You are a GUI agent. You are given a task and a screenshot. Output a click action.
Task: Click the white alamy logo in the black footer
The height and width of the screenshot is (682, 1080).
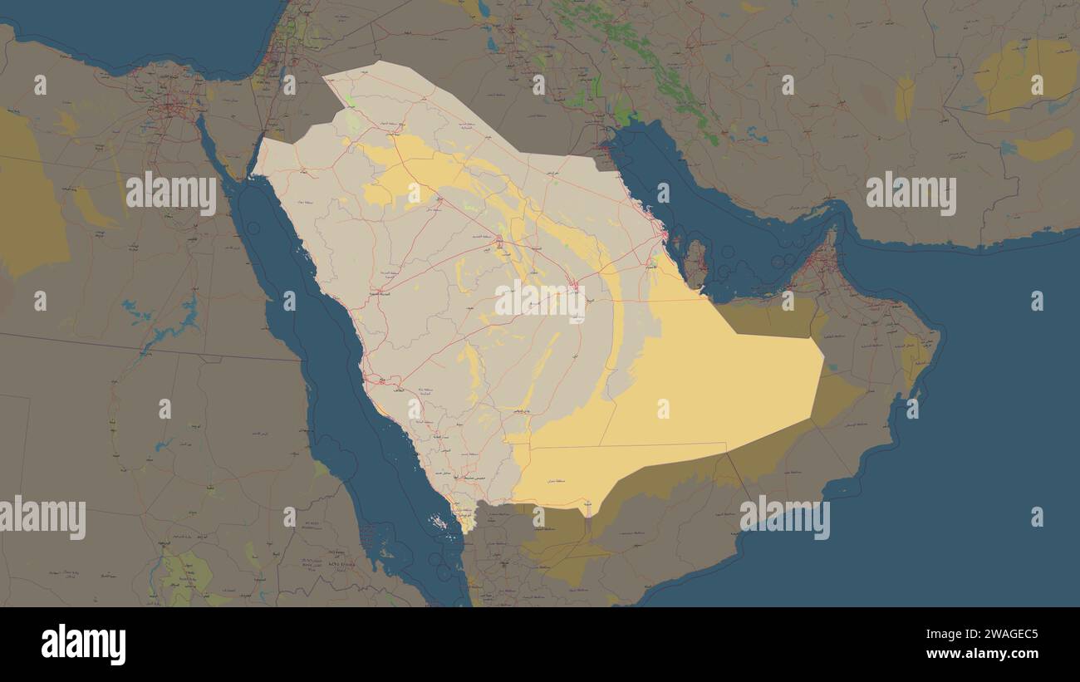[83, 645]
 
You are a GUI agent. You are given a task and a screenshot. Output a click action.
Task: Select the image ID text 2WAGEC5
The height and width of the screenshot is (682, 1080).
[995, 635]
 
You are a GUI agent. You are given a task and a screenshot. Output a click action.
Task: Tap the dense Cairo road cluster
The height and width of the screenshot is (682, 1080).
[170, 104]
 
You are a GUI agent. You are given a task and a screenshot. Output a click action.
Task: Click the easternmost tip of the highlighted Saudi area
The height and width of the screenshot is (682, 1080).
[822, 361]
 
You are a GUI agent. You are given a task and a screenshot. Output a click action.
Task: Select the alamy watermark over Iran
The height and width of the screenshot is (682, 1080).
[911, 193]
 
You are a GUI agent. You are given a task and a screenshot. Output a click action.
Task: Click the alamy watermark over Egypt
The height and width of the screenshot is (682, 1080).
[171, 193]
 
